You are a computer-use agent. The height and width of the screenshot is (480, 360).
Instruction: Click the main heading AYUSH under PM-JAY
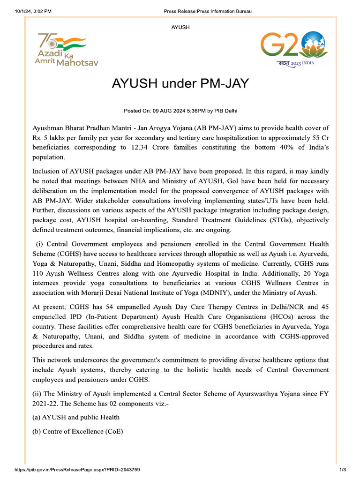180,84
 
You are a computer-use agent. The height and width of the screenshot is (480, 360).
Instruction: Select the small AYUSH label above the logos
180,28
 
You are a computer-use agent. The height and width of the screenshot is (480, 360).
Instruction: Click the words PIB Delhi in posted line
226,111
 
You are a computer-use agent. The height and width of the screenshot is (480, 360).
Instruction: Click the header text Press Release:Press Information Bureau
208,11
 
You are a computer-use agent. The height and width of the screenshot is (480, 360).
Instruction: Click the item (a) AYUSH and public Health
76,417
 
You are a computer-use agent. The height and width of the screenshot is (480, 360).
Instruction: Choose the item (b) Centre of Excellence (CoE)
78,432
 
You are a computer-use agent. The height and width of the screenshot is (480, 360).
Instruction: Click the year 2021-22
45,403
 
